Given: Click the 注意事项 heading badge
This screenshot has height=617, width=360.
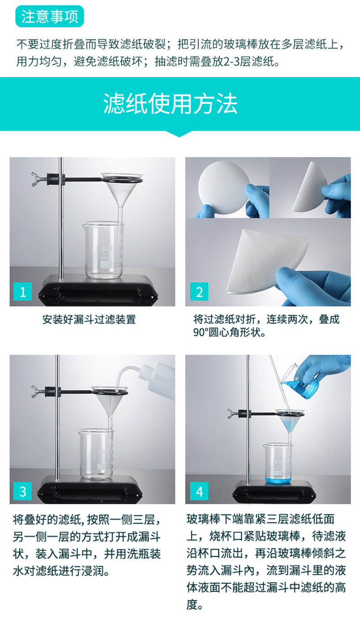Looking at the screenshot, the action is click(50, 16).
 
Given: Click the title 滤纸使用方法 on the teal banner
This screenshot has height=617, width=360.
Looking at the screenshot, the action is click(170, 104).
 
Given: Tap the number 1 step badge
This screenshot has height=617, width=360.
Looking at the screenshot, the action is click(23, 292).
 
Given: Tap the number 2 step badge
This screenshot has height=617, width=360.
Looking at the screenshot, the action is click(199, 292).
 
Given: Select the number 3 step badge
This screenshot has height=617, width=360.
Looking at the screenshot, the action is click(23, 492).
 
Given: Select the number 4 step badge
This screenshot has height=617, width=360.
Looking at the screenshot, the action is click(199, 492).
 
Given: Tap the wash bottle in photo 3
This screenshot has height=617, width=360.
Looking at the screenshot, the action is click(160, 380).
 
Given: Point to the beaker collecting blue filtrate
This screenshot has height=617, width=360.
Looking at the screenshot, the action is click(278, 463).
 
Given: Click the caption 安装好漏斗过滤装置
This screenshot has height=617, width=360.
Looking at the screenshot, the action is click(89, 319).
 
